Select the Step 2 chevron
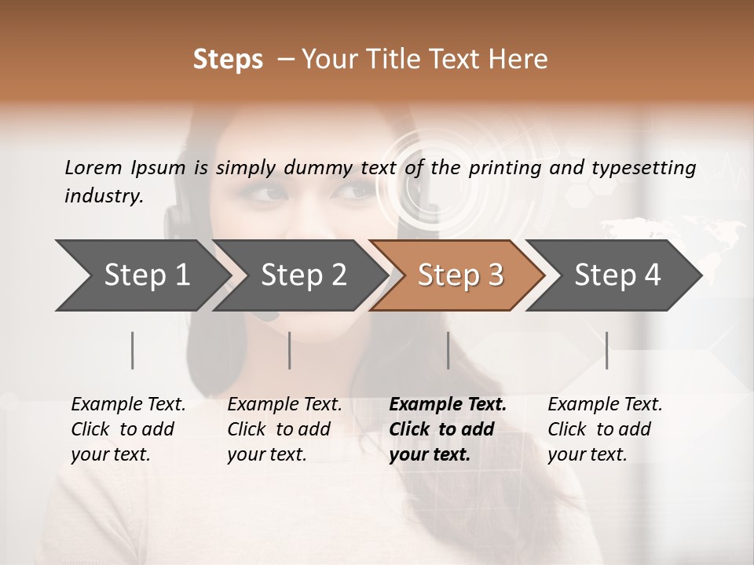[303, 275]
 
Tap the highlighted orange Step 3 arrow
[460, 275]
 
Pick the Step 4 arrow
[617, 275]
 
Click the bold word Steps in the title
[228, 60]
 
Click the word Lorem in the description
[93, 167]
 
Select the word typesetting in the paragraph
[643, 168]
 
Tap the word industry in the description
[102, 195]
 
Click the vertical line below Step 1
[133, 350]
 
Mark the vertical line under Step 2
[290, 350]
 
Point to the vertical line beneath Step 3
[448, 350]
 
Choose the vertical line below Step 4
[607, 350]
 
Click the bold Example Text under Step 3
[448, 404]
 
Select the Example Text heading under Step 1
[128, 404]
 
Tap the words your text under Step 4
[587, 454]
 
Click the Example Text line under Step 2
[284, 404]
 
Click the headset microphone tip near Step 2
[267, 315]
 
